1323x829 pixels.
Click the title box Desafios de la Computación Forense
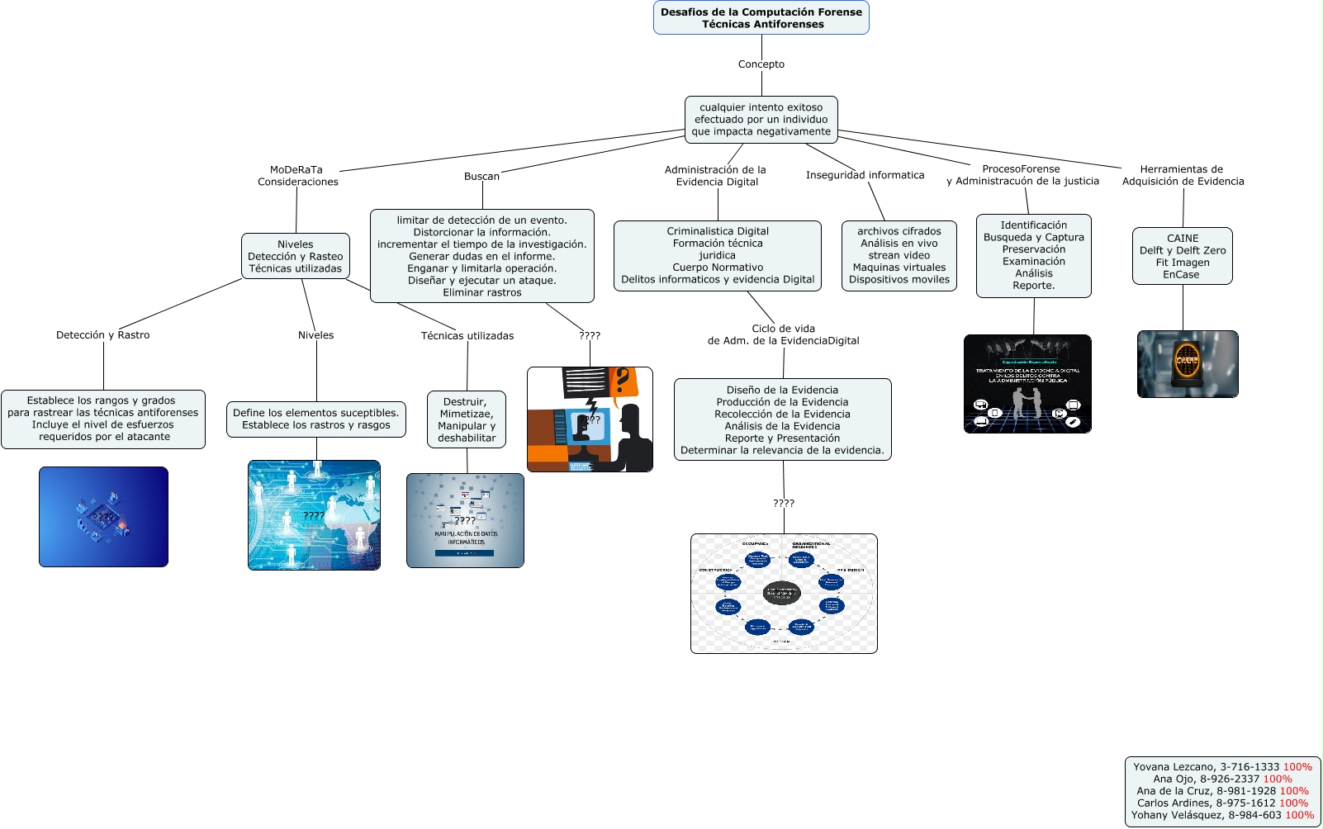pos(761,17)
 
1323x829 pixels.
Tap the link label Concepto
pos(761,64)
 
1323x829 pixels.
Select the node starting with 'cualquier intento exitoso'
pos(761,120)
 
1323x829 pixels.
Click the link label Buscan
pos(481,177)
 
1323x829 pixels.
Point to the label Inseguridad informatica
pos(865,175)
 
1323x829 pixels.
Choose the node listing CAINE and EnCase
pos(1182,256)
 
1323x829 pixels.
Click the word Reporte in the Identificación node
pos(1033,286)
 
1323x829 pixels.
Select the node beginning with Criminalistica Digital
pos(717,256)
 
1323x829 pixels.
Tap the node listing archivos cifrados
pos(899,256)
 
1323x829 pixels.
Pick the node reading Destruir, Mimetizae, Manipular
pos(467,419)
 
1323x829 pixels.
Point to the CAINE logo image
pos(1187,364)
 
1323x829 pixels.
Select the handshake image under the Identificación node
pos(1027,384)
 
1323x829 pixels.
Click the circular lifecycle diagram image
pos(784,594)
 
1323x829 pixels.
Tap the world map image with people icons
pos(314,515)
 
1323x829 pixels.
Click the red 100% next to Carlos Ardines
pos(1293,803)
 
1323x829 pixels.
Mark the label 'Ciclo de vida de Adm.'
pos(783,334)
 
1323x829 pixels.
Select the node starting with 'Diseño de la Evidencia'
pos(782,419)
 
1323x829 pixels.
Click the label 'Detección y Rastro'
pos(103,335)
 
